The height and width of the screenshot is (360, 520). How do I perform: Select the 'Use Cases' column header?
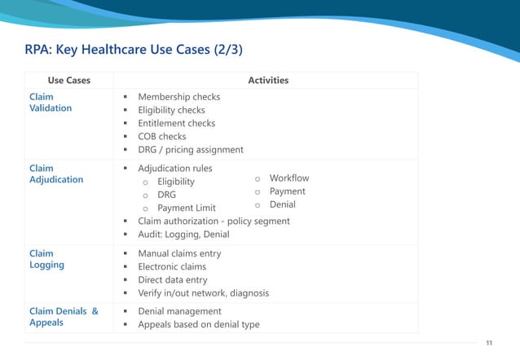[x=68, y=81]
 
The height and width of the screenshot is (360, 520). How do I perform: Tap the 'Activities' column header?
[x=268, y=81]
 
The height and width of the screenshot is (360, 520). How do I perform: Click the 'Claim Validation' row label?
[x=51, y=102]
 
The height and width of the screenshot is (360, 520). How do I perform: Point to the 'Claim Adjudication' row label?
[x=56, y=173]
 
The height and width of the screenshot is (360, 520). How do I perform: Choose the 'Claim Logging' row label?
[x=47, y=259]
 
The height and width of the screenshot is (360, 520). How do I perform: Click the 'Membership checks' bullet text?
[x=179, y=97]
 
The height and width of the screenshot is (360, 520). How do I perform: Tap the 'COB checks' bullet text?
[x=162, y=137]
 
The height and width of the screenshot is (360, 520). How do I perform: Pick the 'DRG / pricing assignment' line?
[x=191, y=150]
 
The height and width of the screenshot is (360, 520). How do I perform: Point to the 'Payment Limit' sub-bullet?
[x=187, y=209]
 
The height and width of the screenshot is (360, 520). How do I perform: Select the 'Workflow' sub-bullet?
[x=289, y=178]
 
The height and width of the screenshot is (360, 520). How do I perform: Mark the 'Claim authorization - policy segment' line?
[x=214, y=222]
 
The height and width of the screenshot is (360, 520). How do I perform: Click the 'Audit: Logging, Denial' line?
[x=183, y=235]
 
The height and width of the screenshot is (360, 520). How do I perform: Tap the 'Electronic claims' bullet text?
[x=172, y=266]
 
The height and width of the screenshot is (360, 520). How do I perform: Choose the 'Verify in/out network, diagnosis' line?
[x=204, y=293]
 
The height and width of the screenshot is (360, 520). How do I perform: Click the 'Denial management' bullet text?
[x=179, y=311]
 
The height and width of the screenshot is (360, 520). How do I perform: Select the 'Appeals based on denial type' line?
[x=199, y=324]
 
